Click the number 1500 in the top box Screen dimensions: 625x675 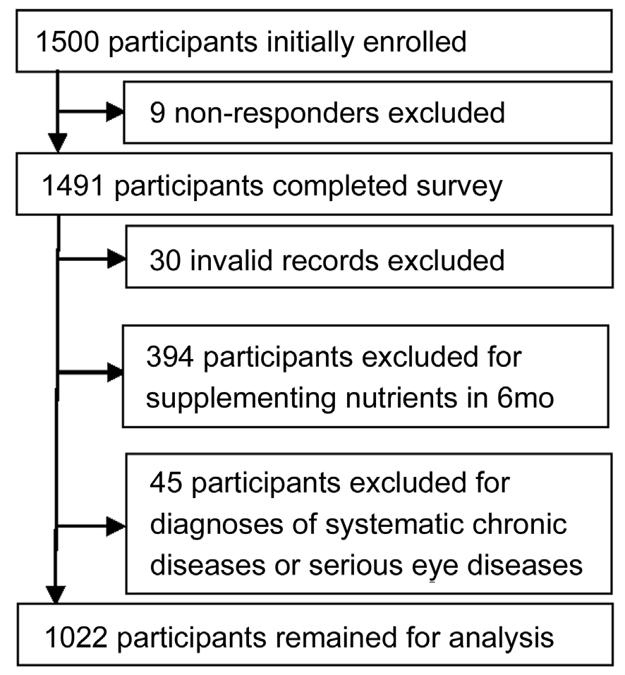click(x=68, y=42)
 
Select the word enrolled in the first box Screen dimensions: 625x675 click(x=415, y=42)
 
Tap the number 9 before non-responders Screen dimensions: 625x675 click(x=157, y=113)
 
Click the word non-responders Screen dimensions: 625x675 click(x=277, y=114)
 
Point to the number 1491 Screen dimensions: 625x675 click(x=73, y=186)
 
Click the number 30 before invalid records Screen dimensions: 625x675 click(x=165, y=260)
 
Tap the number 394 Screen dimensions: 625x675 click(x=169, y=357)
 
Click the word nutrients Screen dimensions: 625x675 click(x=401, y=399)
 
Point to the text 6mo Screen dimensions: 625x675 click(x=525, y=399)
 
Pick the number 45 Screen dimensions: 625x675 click(x=166, y=482)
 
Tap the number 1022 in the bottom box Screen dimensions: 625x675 click(x=75, y=638)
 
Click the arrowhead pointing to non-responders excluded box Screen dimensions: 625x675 click(x=115, y=112)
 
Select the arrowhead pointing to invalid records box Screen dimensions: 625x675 click(x=116, y=259)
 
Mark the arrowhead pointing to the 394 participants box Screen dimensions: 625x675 click(x=115, y=372)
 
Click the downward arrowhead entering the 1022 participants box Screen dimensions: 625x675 click(x=56, y=595)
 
